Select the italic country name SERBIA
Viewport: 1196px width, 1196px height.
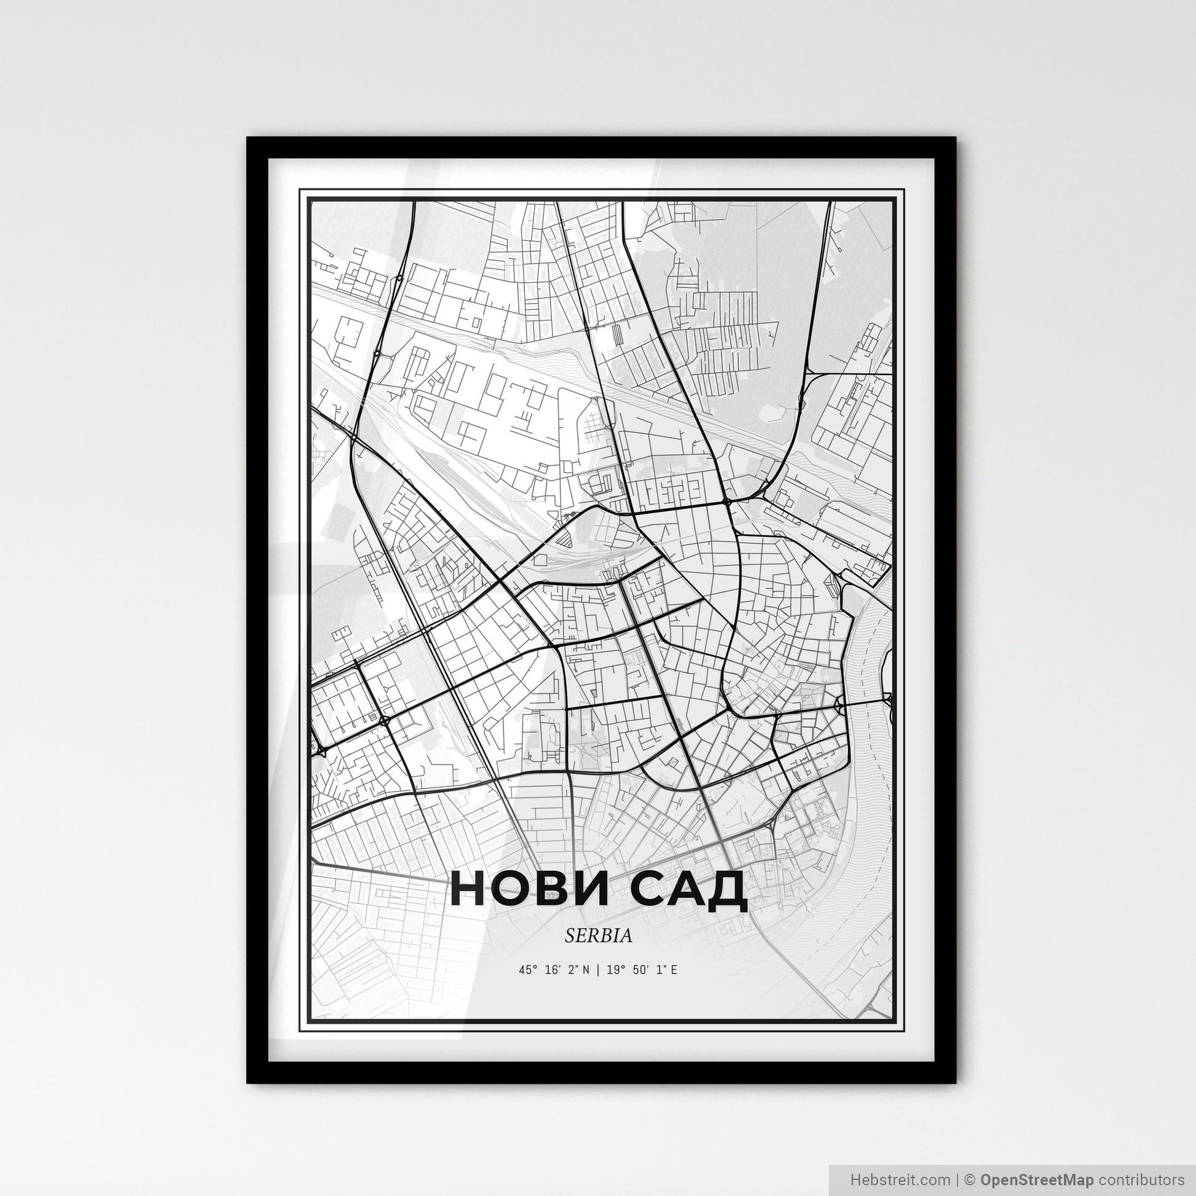tap(598, 936)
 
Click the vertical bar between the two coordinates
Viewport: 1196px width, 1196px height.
tap(598, 969)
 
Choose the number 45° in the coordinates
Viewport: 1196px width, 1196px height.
tap(527, 969)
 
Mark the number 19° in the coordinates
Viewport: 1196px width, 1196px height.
tap(615, 969)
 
